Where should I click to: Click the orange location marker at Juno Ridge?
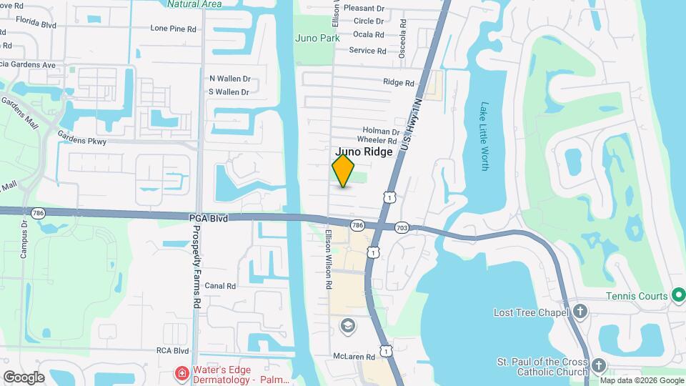pyautogui.click(x=343, y=171)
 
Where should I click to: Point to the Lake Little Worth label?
pyautogui.click(x=484, y=135)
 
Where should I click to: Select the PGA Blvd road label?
pyautogui.click(x=209, y=218)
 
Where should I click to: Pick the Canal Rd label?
pyautogui.click(x=220, y=286)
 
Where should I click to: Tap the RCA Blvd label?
pyautogui.click(x=172, y=351)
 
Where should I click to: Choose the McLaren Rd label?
pyautogui.click(x=354, y=356)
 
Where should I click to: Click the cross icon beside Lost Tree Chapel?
pyautogui.click(x=580, y=312)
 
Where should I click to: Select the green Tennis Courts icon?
pyautogui.click(x=679, y=296)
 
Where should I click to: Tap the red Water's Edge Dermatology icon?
pyautogui.click(x=182, y=374)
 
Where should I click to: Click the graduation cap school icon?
pyautogui.click(x=348, y=326)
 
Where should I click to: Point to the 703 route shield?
pyautogui.click(x=402, y=227)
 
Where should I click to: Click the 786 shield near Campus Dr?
pyautogui.click(x=38, y=213)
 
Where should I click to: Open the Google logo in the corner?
pyautogui.click(x=24, y=377)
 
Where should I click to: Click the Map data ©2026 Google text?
pyautogui.click(x=642, y=380)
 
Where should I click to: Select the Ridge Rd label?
pyautogui.click(x=399, y=83)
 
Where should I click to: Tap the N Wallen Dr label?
pyautogui.click(x=229, y=79)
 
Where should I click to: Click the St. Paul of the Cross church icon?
pyautogui.click(x=598, y=366)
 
